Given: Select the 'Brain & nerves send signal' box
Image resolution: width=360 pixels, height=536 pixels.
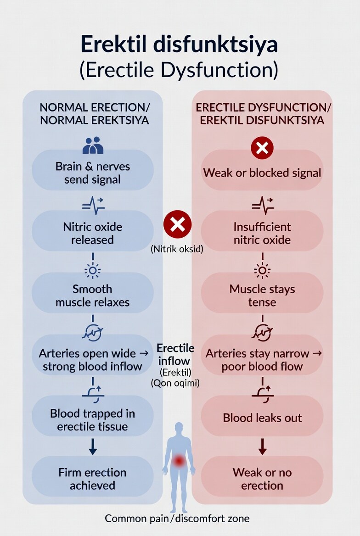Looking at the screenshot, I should pyautogui.click(x=93, y=173).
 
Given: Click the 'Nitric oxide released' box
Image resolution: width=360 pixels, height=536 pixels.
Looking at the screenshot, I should pyautogui.click(x=93, y=233).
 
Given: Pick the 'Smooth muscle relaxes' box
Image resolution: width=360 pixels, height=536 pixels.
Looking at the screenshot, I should pyautogui.click(x=93, y=296).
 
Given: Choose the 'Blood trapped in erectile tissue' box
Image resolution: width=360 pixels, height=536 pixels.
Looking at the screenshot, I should pyautogui.click(x=93, y=420).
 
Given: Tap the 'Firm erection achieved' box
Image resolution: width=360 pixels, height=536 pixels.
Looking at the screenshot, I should pyautogui.click(x=93, y=479).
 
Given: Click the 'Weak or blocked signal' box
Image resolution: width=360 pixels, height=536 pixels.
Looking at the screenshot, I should pyautogui.click(x=262, y=173).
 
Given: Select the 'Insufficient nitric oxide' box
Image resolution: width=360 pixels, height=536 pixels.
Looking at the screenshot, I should pyautogui.click(x=262, y=233).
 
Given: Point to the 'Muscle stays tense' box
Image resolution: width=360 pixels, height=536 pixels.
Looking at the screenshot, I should pyautogui.click(x=262, y=296).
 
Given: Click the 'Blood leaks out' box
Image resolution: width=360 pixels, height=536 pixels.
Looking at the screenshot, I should pyautogui.click(x=262, y=418).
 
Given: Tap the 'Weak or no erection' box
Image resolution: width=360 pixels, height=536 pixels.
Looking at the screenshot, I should pyautogui.click(x=262, y=479).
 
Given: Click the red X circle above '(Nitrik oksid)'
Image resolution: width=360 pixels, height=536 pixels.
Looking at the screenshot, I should pyautogui.click(x=177, y=224).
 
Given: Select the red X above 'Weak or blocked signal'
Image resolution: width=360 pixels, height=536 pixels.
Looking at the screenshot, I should pyautogui.click(x=262, y=148).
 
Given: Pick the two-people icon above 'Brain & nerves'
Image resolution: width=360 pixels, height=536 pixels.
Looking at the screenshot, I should pyautogui.click(x=93, y=145).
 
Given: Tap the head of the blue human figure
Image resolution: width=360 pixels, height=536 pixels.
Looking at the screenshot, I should pyautogui.click(x=179, y=428).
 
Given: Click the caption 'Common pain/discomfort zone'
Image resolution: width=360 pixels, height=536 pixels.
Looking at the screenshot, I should pyautogui.click(x=177, y=519).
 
